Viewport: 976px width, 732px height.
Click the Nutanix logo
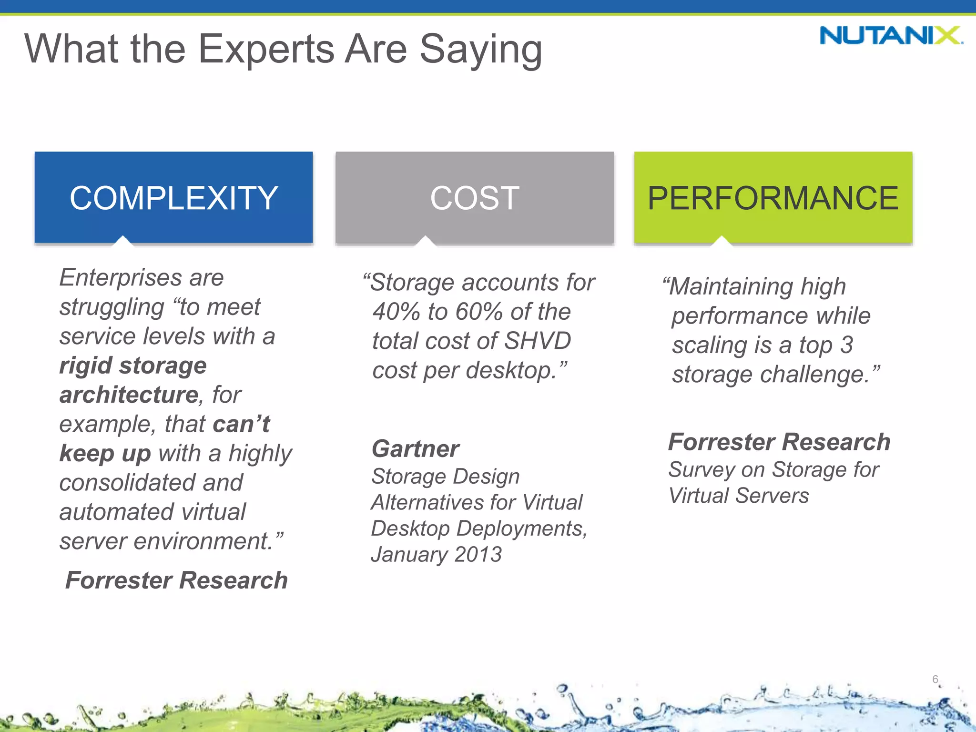tap(891, 36)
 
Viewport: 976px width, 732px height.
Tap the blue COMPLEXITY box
tap(173, 197)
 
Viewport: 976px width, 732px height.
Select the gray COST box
tap(474, 197)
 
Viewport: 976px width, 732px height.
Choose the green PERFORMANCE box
tap(773, 197)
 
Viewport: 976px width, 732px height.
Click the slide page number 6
tap(935, 679)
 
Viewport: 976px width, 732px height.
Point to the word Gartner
tap(415, 449)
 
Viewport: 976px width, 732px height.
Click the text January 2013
tap(436, 555)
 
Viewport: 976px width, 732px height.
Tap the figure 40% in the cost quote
tap(396, 312)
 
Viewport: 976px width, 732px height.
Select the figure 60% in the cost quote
tap(479, 312)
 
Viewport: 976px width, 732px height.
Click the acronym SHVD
tap(537, 341)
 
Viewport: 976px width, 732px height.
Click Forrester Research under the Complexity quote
tap(176, 580)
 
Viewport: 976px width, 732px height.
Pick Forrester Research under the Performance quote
tap(779, 442)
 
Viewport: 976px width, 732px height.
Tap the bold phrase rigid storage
tap(133, 366)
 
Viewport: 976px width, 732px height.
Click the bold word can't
tap(241, 424)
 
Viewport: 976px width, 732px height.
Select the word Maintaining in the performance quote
tap(731, 287)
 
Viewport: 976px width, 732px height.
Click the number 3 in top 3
tap(846, 345)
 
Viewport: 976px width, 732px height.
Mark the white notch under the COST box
tap(425, 241)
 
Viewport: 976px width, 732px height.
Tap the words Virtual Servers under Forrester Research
tap(738, 496)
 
